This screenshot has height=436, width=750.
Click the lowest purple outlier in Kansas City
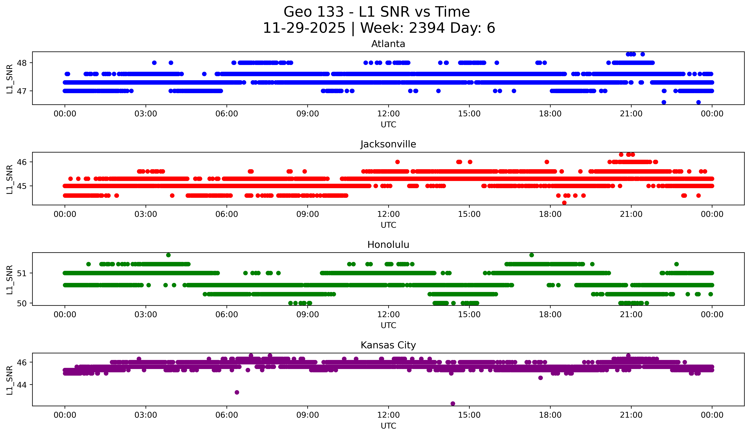(x=453, y=404)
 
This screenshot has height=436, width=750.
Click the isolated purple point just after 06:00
(x=237, y=392)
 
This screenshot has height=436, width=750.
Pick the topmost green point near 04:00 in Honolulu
(x=169, y=255)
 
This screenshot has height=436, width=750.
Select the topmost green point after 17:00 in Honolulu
(x=532, y=255)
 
